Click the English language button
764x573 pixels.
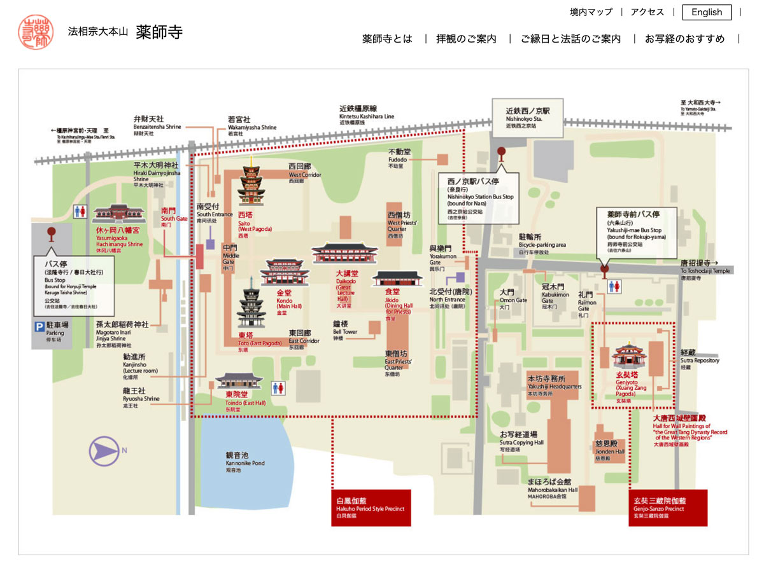(x=707, y=12)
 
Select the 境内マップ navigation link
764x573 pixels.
(x=591, y=12)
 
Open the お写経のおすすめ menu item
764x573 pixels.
(x=684, y=39)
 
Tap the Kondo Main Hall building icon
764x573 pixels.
(x=285, y=272)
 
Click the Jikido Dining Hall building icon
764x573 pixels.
(x=397, y=279)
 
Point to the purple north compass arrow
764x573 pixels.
(x=104, y=452)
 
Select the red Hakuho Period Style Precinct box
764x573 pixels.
(x=371, y=507)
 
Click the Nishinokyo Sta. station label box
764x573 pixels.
(x=528, y=118)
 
